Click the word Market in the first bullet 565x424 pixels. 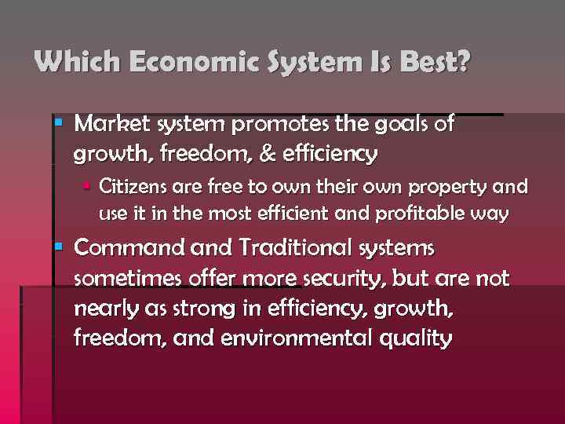point(114,124)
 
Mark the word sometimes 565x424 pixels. point(125,279)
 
